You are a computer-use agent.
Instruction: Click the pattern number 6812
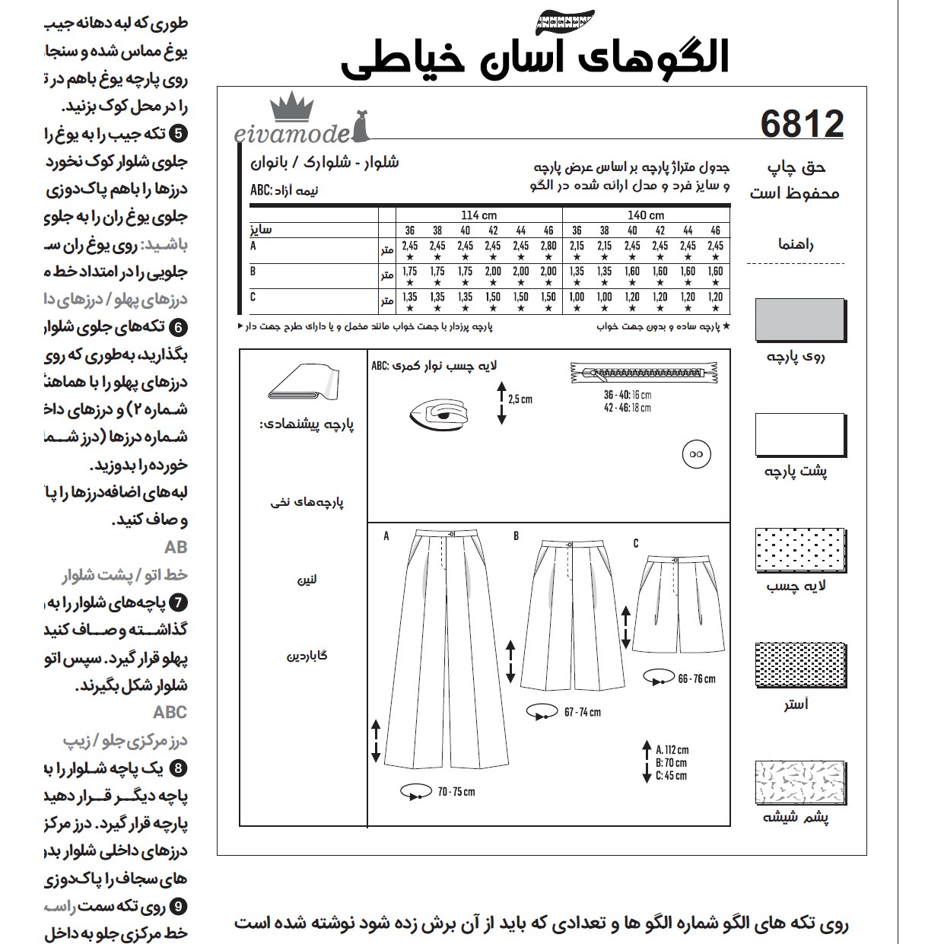click(801, 124)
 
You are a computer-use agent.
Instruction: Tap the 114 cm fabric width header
click(478, 215)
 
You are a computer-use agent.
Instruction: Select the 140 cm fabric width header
click(645, 215)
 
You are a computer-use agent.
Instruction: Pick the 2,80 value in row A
click(548, 246)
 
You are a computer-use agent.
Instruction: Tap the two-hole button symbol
click(694, 454)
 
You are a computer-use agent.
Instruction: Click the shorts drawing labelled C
click(675, 605)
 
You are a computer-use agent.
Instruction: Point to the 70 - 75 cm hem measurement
click(455, 792)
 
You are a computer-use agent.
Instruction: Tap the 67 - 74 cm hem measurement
click(582, 712)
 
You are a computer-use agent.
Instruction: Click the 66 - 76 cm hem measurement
click(696, 679)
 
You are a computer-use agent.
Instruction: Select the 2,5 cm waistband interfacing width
click(520, 399)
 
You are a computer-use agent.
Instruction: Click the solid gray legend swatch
click(800, 319)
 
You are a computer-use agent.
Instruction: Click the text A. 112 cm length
click(672, 749)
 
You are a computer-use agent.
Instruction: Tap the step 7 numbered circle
click(177, 603)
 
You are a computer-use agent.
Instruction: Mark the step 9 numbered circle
click(177, 906)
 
